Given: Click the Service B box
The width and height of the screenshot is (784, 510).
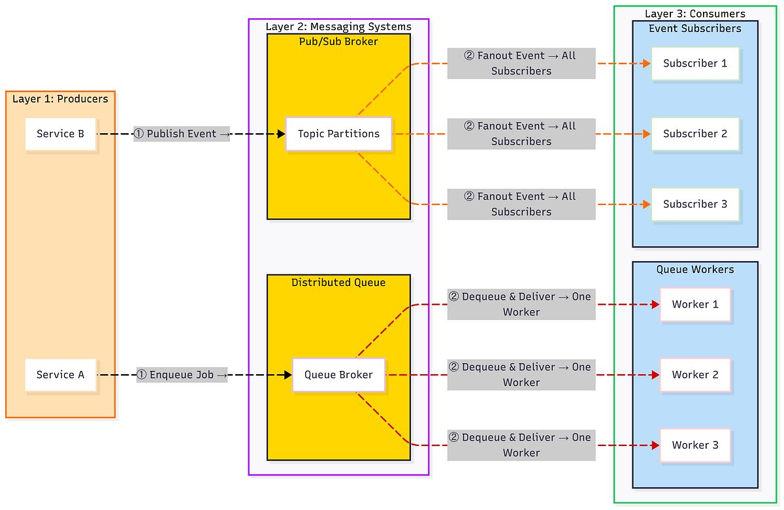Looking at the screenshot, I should [x=60, y=134].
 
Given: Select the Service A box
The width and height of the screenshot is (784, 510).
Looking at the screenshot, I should [x=60, y=375].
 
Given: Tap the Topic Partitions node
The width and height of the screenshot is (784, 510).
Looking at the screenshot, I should [x=338, y=134].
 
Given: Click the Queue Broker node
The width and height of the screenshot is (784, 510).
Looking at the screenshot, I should [x=338, y=375].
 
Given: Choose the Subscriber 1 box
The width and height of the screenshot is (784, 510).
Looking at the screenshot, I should [x=695, y=63].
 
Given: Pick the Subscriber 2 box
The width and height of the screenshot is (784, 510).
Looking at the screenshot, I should [x=695, y=134].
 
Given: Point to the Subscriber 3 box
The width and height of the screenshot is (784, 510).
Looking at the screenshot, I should [x=695, y=204].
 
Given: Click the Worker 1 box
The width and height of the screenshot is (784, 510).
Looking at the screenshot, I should [x=695, y=304].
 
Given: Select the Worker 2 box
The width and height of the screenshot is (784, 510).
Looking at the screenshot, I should [x=695, y=375].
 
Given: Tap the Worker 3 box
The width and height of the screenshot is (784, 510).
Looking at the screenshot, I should [x=695, y=445].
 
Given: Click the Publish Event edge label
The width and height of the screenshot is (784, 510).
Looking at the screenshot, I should [x=182, y=134].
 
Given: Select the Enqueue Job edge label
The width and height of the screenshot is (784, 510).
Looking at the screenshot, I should [x=182, y=375].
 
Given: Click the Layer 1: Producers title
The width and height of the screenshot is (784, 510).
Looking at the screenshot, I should [x=60, y=99].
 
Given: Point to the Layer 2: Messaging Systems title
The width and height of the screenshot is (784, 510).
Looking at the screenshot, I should [x=338, y=27].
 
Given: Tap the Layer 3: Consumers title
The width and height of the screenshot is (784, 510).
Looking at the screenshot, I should [x=695, y=14].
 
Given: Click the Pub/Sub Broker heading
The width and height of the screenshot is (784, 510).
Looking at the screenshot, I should [x=338, y=42].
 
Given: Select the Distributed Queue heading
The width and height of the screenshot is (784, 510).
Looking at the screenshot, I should [x=338, y=283].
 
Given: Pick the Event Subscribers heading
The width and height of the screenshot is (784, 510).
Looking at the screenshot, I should [x=695, y=29].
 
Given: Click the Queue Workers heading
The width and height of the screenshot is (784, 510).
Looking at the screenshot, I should [x=695, y=270].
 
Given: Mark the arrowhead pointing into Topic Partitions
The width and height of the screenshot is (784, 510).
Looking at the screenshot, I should [x=282, y=134].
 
